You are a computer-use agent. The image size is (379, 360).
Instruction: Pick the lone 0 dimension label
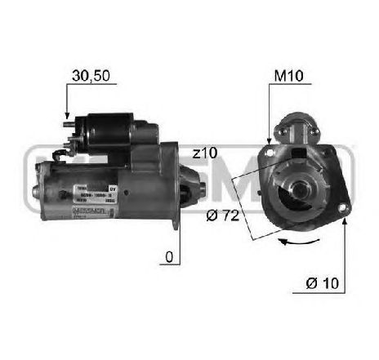point(167,258)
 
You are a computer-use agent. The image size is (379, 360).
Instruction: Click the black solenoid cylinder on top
point(107,129)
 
